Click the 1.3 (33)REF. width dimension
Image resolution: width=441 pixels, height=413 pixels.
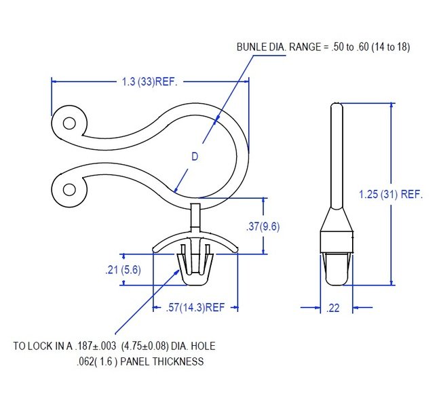pyautogui.click(x=149, y=82)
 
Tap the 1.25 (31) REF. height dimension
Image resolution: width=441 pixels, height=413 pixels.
pyautogui.click(x=391, y=194)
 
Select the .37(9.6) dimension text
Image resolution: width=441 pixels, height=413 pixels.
pyautogui.click(x=263, y=227)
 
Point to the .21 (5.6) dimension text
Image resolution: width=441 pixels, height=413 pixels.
pyautogui.click(x=123, y=270)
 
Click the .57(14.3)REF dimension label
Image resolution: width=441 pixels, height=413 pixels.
pyautogui.click(x=195, y=307)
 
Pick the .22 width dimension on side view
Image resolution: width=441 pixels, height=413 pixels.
pyautogui.click(x=333, y=308)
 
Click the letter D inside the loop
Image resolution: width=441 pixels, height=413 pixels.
pyautogui.click(x=195, y=156)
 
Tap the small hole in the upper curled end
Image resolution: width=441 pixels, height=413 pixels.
pyautogui.click(x=69, y=123)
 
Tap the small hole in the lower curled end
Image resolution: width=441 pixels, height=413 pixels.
pyautogui.click(x=69, y=190)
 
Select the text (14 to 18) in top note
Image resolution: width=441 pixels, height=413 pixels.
pyautogui.click(x=391, y=47)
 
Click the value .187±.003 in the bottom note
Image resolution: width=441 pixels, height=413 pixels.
pyautogui.click(x=96, y=346)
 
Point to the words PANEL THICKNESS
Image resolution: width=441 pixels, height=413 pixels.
pyautogui.click(x=162, y=361)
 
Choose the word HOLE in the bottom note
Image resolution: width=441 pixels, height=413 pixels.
pyautogui.click(x=203, y=346)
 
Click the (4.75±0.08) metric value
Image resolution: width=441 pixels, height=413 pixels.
pyautogui.click(x=145, y=346)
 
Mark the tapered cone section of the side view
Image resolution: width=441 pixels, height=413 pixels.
pyautogui.click(x=337, y=219)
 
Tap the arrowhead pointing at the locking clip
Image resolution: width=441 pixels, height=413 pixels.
pyautogui.click(x=176, y=273)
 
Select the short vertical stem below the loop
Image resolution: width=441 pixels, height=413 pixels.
pyautogui.click(x=195, y=216)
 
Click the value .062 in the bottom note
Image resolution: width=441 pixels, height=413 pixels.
pyautogui.click(x=85, y=361)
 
